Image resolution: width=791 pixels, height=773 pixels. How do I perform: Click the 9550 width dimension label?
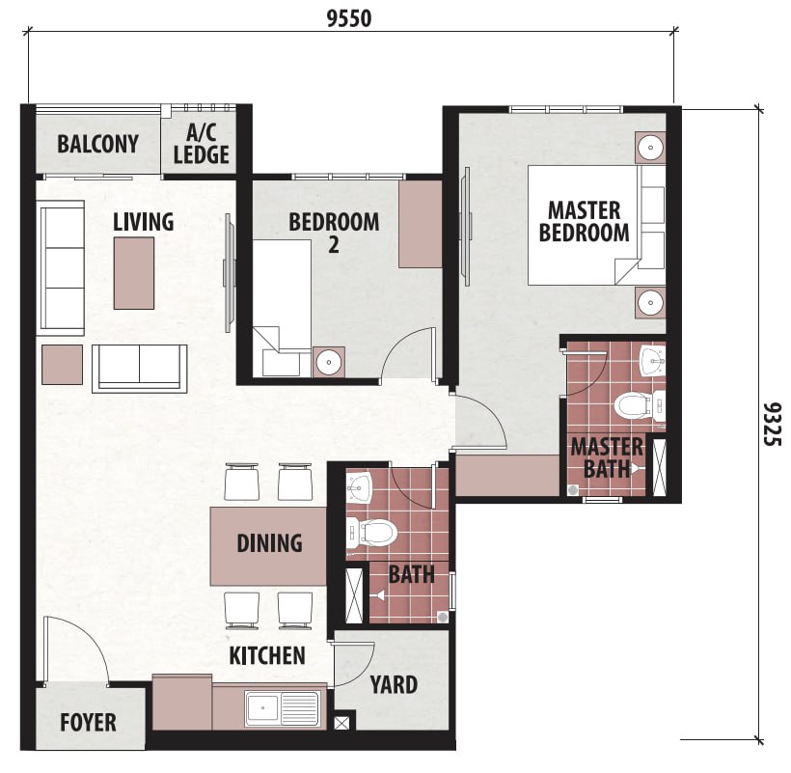pyautogui.click(x=349, y=18)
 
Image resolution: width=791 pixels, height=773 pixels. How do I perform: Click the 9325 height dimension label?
pyautogui.click(x=772, y=424)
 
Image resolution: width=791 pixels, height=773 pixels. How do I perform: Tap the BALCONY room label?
pyautogui.click(x=97, y=144)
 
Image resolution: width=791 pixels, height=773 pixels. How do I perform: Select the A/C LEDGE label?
pyautogui.click(x=202, y=145)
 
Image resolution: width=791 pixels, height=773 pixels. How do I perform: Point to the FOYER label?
pyautogui.click(x=89, y=722)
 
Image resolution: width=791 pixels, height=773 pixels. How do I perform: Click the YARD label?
pyautogui.click(x=394, y=685)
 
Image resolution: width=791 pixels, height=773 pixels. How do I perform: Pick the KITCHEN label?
pyautogui.click(x=267, y=655)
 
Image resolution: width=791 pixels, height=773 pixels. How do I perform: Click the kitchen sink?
pyautogui.click(x=282, y=708)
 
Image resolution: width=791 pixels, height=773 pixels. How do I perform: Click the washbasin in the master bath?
pyautogui.click(x=652, y=360)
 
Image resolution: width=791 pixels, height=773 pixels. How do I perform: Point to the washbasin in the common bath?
pyautogui.click(x=359, y=487)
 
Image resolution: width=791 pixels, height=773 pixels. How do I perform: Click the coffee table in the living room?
pyautogui.click(x=134, y=273)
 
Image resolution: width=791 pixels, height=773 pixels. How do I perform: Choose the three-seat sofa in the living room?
pyautogui.click(x=62, y=267)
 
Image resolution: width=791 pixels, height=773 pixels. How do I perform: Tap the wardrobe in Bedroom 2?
pyautogui.click(x=421, y=224)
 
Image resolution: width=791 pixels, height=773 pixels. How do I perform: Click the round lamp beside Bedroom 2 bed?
pyautogui.click(x=329, y=362)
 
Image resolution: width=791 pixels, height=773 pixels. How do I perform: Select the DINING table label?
pyautogui.click(x=269, y=543)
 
